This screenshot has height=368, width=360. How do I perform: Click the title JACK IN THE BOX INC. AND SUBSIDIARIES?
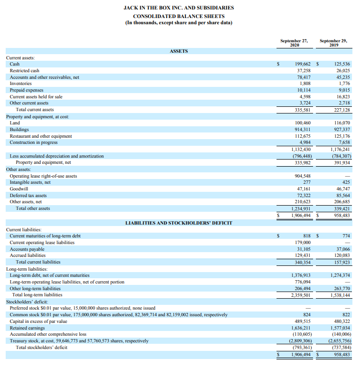tap(178, 8)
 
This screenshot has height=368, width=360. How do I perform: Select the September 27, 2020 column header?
tap(294, 43)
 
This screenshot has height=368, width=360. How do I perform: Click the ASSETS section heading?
tap(178, 51)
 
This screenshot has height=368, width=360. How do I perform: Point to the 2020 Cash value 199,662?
tap(303, 64)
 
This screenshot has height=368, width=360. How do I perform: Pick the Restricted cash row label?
tap(25, 71)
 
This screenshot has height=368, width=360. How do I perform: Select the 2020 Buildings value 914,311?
tap(303, 129)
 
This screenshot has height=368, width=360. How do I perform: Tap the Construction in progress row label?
tap(34, 142)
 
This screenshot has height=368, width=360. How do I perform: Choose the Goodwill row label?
tap(19, 189)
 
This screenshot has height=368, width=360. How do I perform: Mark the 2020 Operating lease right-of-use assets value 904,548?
tap(303, 176)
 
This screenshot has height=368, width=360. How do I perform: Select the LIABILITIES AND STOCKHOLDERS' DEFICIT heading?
tap(178, 223)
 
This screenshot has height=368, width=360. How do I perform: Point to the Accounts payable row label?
tap(27, 249)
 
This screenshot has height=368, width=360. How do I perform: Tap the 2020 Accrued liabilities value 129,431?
tap(303, 255)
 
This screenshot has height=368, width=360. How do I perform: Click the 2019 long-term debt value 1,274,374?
tap(340, 275)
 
